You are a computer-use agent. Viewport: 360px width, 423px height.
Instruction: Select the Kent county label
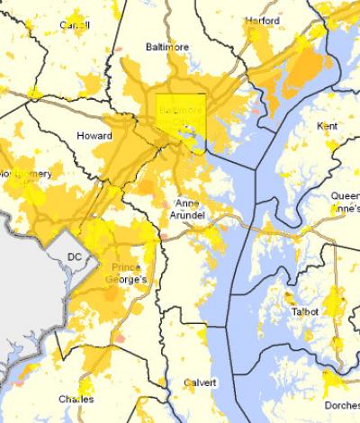(x=327, y=127)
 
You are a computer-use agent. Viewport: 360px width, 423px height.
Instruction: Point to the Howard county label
(x=95, y=136)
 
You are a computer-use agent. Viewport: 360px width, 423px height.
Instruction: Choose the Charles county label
(x=76, y=399)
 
